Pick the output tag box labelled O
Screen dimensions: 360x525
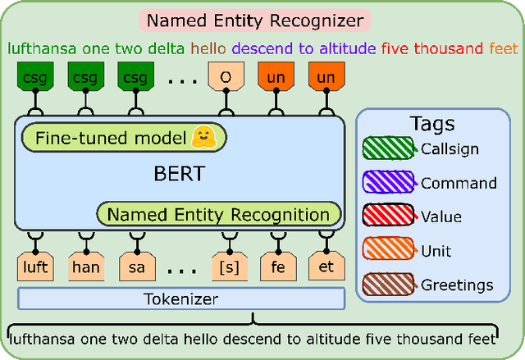[x=224, y=78]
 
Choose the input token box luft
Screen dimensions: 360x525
[x=36, y=267]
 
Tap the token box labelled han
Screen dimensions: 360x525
[x=84, y=267]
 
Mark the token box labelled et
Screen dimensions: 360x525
[x=326, y=267]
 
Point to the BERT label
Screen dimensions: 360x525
[x=178, y=175]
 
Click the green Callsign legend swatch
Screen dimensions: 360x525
[x=390, y=149]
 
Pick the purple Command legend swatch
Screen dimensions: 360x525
[x=390, y=184]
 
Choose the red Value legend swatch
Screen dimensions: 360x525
[x=390, y=217]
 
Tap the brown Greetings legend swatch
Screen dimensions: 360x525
[x=390, y=285]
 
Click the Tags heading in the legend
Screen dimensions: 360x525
[x=431, y=124]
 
